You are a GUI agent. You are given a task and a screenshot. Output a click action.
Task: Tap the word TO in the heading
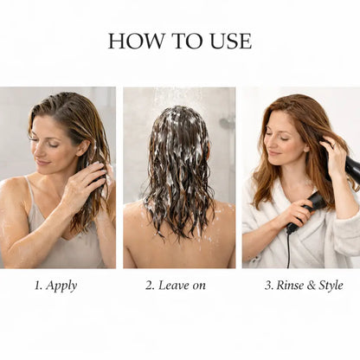(x=184, y=41)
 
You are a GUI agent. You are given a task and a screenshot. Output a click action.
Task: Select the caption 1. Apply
(x=56, y=285)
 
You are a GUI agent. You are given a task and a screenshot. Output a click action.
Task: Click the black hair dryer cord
(x=289, y=251)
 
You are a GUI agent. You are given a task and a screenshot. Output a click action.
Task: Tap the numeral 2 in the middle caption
(x=149, y=285)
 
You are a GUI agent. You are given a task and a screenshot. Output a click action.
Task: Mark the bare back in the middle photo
(x=179, y=247)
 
